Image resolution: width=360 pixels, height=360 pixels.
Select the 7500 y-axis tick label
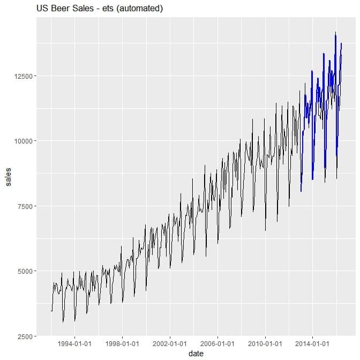26,206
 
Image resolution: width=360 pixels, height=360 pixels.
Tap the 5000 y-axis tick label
26,271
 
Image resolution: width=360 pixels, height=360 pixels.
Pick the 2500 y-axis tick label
26,336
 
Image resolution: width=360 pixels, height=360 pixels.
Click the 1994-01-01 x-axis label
75,343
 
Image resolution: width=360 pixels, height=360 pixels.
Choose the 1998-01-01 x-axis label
123,343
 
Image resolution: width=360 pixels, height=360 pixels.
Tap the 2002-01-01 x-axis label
170,343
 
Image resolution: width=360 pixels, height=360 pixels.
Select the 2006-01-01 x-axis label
217,343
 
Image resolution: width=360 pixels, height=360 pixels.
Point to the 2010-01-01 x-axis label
265,343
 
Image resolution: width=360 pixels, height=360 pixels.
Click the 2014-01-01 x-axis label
312,343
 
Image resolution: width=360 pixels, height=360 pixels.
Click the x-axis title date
196,354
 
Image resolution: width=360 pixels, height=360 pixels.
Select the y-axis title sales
7,177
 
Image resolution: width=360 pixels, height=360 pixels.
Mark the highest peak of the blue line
335,33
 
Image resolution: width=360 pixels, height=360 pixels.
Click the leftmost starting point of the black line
51,311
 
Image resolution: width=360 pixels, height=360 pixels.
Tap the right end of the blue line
341,43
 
